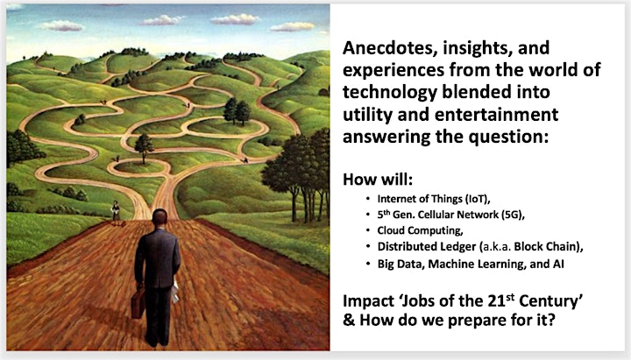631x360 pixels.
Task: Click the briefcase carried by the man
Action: [x=138, y=303]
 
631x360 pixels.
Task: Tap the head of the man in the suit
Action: [x=160, y=217]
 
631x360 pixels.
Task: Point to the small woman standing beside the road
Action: [x=116, y=211]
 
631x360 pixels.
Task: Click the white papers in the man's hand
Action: [x=175, y=292]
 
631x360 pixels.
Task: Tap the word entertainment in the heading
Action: [x=496, y=115]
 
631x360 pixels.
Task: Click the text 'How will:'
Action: [x=378, y=180]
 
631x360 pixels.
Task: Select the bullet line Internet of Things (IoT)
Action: [x=434, y=199]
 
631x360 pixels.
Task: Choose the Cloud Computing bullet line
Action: [x=420, y=230]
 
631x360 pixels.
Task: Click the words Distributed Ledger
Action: [x=427, y=247]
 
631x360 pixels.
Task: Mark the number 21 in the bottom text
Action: [x=497, y=301]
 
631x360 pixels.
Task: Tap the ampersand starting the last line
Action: [x=349, y=321]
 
